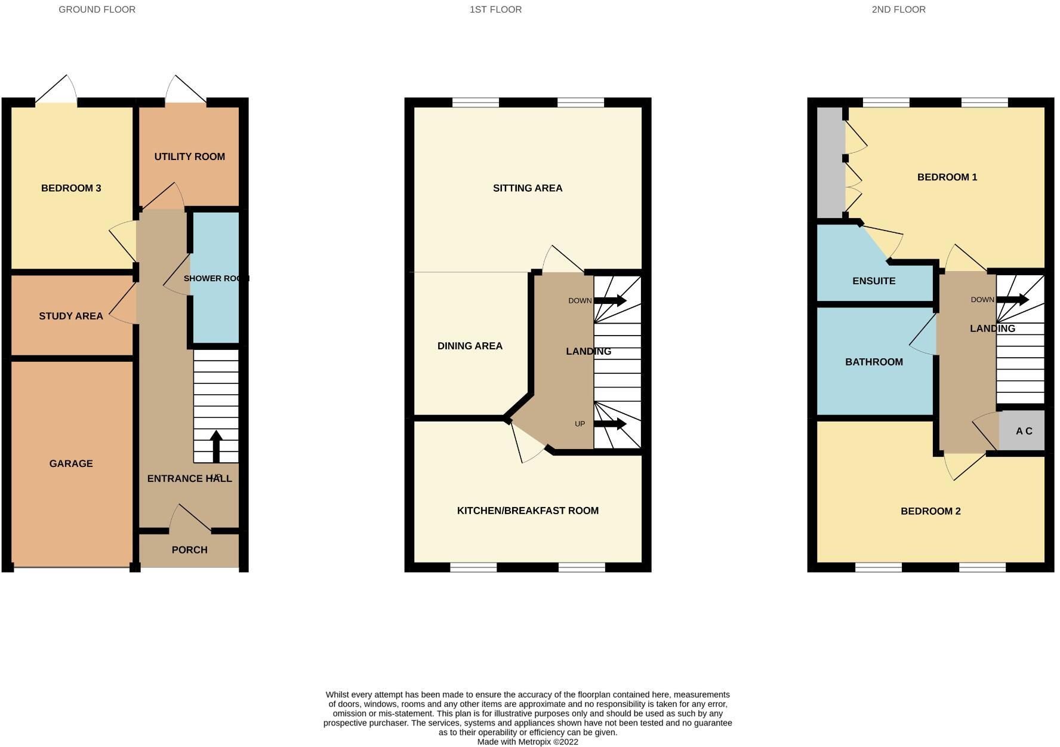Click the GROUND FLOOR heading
click(97, 10)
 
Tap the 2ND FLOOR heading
click(898, 10)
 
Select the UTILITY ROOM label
click(189, 156)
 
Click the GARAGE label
click(71, 463)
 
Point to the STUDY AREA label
click(71, 316)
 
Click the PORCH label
click(189, 550)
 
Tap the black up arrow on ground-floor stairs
click(216, 445)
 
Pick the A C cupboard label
click(1024, 431)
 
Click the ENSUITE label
click(874, 281)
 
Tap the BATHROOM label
click(874, 362)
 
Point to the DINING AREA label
click(470, 346)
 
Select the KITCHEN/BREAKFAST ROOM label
click(528, 511)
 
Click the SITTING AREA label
click(528, 188)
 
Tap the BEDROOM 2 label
click(930, 511)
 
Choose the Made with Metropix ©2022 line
click(528, 742)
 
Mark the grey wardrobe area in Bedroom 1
click(830, 162)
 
